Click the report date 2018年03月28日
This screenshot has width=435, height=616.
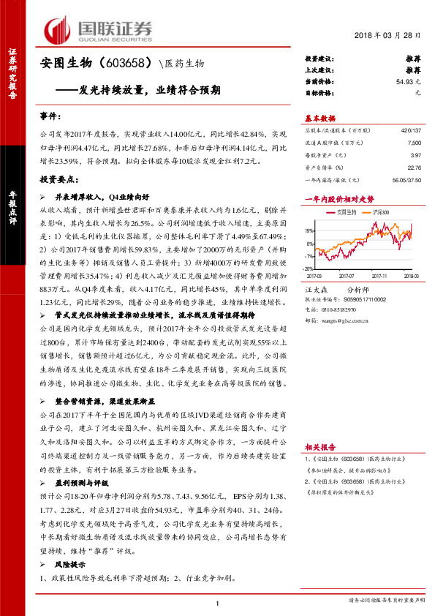tap(392, 36)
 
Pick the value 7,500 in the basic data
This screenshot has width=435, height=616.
tap(415, 144)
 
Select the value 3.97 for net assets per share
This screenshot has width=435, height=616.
tap(416, 156)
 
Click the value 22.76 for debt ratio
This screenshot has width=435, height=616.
tap(415, 168)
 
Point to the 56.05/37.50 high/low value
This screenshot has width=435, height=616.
tap(406, 179)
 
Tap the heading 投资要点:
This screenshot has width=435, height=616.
tap(58, 178)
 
